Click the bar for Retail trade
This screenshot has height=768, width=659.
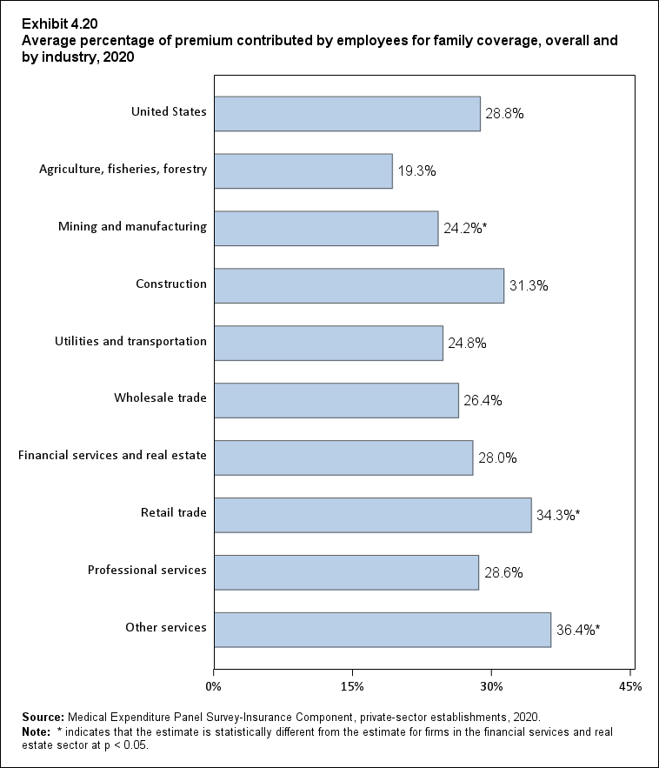tap(372, 515)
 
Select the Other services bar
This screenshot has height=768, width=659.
tap(383, 630)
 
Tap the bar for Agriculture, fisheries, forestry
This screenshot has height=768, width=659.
tap(303, 171)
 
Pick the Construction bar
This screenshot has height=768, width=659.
tap(358, 286)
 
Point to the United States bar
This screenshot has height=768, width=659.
tap(347, 114)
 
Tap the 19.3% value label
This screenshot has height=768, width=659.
tap(417, 172)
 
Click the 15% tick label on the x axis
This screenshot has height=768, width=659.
tap(352, 687)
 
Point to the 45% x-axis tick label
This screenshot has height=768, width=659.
tap(630, 687)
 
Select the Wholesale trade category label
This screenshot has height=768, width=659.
tap(160, 398)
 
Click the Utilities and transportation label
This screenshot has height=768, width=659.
tap(130, 341)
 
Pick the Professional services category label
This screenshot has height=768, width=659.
tap(147, 571)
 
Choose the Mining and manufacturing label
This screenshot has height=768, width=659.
tap(132, 226)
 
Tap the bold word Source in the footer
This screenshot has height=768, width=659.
tap(43, 718)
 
